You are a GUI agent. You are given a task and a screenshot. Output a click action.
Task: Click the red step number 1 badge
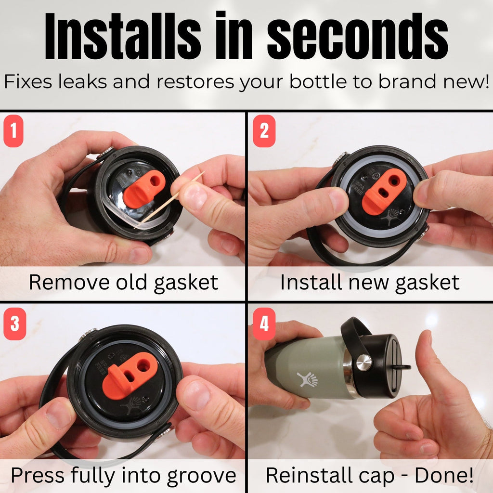tap(13, 131)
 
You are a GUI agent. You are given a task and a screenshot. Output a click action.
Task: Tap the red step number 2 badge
tap(264, 131)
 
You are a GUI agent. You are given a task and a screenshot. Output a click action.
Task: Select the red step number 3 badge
tap(15, 324)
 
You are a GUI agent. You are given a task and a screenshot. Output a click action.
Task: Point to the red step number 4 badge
tap(264, 324)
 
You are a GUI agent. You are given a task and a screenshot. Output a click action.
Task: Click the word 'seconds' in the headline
tap(358, 37)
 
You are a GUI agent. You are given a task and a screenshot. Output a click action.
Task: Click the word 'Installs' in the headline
tap(123, 36)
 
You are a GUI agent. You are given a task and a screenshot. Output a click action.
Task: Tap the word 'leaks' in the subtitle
tap(83, 81)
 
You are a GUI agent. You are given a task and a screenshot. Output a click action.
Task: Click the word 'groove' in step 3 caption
tap(202, 475)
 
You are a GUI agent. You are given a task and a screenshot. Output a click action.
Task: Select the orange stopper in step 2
tap(384, 192)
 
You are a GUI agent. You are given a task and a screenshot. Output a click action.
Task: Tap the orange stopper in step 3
tap(130, 376)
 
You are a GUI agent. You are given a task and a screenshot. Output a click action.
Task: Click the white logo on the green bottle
tap(307, 379)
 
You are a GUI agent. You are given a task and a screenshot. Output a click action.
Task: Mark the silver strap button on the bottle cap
tap(364, 363)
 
